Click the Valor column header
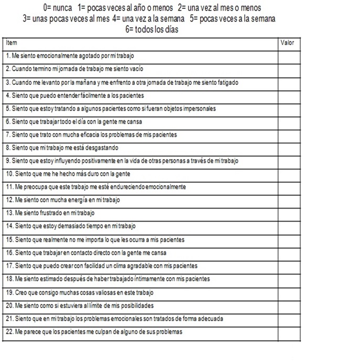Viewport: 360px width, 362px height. [x=288, y=43]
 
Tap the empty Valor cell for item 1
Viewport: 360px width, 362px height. [x=289, y=56]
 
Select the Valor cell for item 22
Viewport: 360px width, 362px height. [x=289, y=332]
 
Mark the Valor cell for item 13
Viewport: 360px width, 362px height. [x=289, y=213]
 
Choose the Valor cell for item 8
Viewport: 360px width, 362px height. [x=289, y=148]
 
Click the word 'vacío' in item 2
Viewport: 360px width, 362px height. [x=135, y=69]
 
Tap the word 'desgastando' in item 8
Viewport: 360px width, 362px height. [x=103, y=148]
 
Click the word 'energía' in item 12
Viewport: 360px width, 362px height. [x=78, y=200]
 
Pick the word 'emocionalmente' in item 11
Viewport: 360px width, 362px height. [x=166, y=187]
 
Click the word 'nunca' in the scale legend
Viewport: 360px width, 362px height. [x=62, y=9]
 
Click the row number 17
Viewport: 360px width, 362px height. [x=8, y=266]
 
